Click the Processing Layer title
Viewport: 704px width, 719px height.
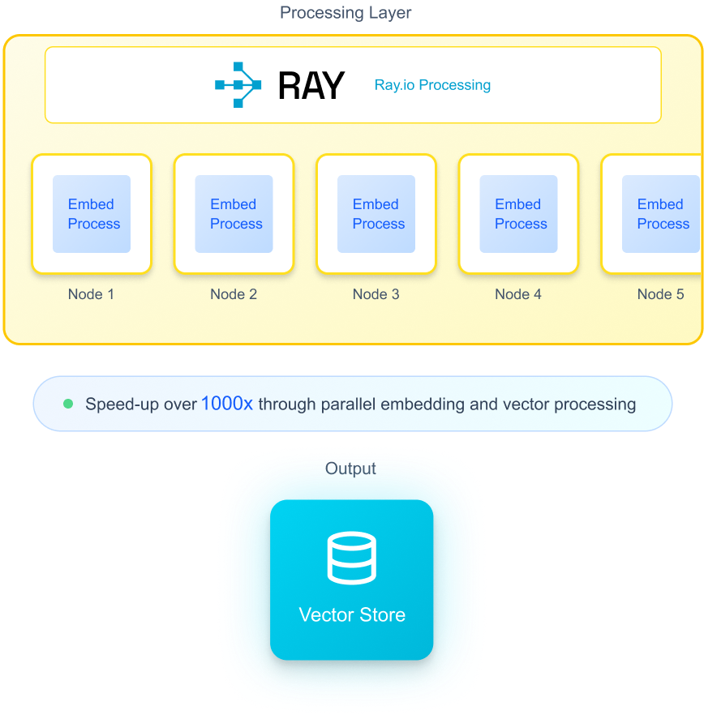point(346,13)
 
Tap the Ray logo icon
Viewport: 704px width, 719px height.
point(238,85)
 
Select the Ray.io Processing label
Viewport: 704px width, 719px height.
point(432,85)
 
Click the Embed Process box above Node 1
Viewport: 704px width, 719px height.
point(92,214)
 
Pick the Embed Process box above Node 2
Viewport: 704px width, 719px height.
point(234,214)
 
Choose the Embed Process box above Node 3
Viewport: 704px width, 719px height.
point(376,214)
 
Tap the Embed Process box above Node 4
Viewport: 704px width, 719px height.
point(518,214)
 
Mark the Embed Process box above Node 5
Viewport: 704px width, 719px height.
point(660,214)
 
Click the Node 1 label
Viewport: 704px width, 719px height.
point(91,294)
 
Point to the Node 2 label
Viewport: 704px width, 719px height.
point(234,294)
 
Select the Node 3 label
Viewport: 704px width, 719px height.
point(376,294)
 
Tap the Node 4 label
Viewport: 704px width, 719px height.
point(518,294)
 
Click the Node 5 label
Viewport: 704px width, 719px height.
point(660,294)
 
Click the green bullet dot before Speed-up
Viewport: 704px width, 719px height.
point(68,404)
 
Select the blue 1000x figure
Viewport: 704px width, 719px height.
point(227,403)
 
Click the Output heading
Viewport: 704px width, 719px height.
point(350,469)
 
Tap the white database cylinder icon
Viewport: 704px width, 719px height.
point(352,558)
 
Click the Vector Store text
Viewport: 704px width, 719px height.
point(352,614)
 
